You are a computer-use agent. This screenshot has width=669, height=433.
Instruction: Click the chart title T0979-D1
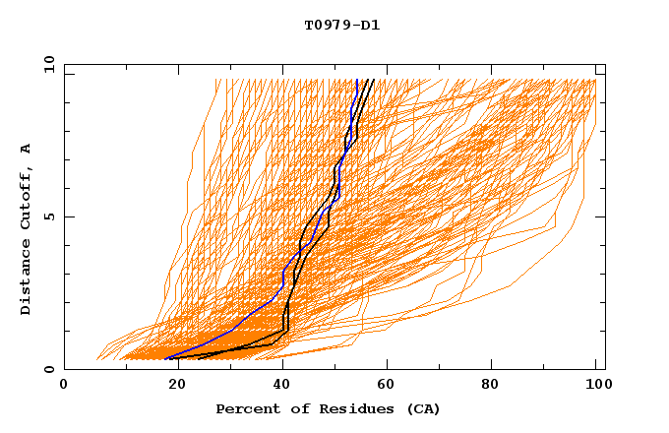341,26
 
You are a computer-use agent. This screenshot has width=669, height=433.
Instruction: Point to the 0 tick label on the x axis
64,386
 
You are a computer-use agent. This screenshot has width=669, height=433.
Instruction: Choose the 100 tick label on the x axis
595,386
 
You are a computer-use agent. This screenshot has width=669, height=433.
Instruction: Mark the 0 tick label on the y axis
49,369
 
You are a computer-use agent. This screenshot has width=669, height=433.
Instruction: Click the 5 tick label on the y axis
49,216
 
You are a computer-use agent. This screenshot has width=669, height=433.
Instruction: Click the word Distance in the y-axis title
26,281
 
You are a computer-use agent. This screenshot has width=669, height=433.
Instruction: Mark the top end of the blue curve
356,80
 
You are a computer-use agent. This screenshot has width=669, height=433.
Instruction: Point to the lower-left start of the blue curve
166,358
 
